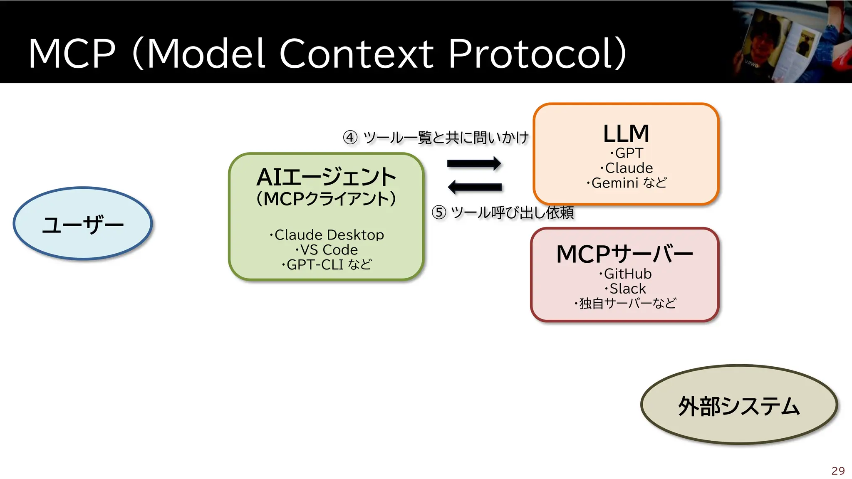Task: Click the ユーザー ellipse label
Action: (x=83, y=225)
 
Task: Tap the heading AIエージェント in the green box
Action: (x=326, y=177)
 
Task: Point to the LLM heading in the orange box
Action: (x=626, y=134)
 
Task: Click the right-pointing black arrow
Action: (x=474, y=163)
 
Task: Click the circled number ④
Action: (x=350, y=137)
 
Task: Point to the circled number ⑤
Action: (x=439, y=212)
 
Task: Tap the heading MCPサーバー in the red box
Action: (x=624, y=254)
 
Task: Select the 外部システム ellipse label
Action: (x=739, y=406)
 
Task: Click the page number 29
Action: (x=838, y=471)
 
